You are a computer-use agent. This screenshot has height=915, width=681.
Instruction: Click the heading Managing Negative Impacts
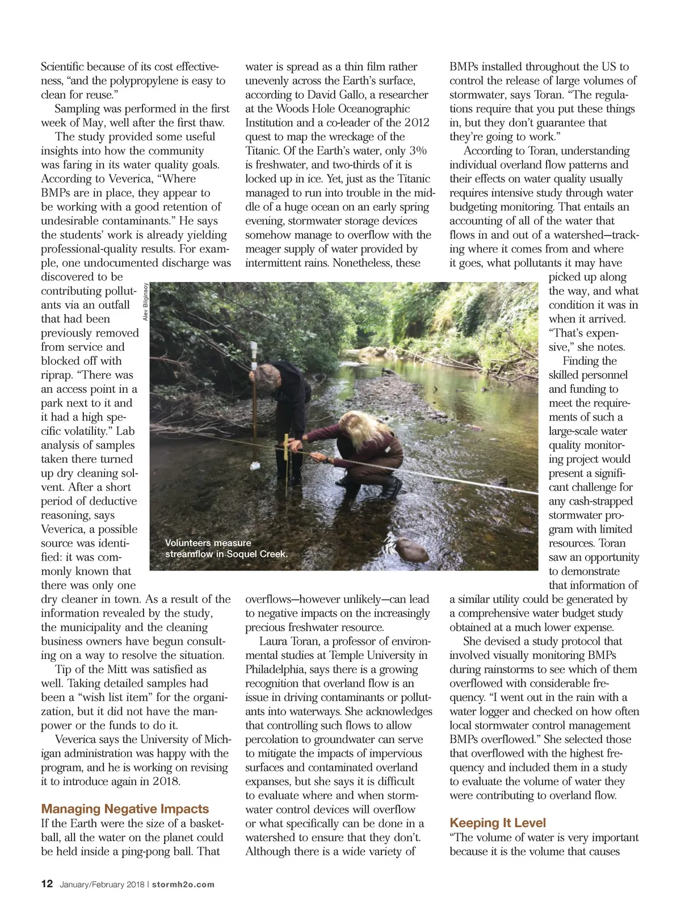pyautogui.click(x=125, y=809)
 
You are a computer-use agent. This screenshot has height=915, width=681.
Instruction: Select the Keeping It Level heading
pyautogui.click(x=498, y=823)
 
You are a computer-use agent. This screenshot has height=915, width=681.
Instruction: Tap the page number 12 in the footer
pyautogui.click(x=47, y=884)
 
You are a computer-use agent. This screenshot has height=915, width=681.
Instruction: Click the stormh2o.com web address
pyautogui.click(x=183, y=884)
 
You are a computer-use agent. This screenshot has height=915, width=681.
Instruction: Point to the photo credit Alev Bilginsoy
pyautogui.click(x=145, y=302)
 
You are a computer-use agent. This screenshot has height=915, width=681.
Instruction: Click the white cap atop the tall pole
pyautogui.click(x=254, y=347)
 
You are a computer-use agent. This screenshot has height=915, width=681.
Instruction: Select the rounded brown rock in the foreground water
pyautogui.click(x=411, y=549)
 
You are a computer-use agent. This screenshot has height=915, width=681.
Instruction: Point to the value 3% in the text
pyautogui.click(x=418, y=150)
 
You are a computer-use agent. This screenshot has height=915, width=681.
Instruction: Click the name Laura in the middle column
pyautogui.click(x=274, y=641)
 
